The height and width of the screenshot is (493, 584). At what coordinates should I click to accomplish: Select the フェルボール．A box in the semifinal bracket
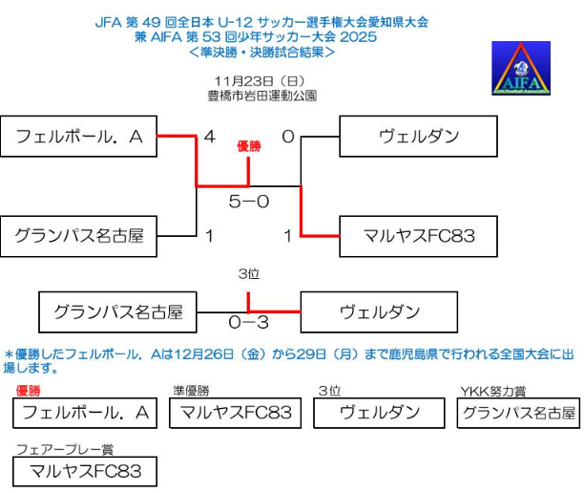coord(79,136)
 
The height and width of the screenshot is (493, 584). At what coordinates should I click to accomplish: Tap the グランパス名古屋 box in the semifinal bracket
coord(79,235)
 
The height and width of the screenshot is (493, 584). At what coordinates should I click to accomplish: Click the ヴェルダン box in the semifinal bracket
coord(419,136)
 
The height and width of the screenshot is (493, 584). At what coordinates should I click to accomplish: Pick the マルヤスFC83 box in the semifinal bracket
coord(419,235)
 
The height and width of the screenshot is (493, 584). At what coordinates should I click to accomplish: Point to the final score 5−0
coord(249,202)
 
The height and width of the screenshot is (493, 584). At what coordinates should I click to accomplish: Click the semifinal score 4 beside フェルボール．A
coord(210,137)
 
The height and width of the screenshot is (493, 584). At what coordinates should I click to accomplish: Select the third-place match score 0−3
coord(249,323)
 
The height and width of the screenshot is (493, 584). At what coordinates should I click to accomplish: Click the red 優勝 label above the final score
coord(249,148)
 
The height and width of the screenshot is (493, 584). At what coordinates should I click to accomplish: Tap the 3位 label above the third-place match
coord(249,274)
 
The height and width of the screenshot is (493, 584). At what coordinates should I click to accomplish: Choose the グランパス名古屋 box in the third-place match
coord(118,311)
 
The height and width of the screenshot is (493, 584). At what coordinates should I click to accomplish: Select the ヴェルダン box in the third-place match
coord(379,311)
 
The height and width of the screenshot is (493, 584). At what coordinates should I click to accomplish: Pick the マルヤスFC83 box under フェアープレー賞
coord(85,470)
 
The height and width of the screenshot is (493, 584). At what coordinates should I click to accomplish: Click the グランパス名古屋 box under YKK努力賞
coord(519,413)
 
